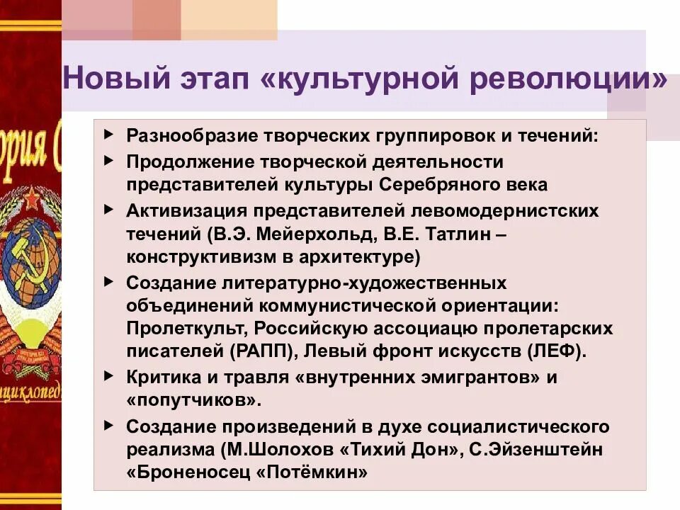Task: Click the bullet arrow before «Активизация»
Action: click(x=108, y=210)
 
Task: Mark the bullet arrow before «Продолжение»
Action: click(x=108, y=161)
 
